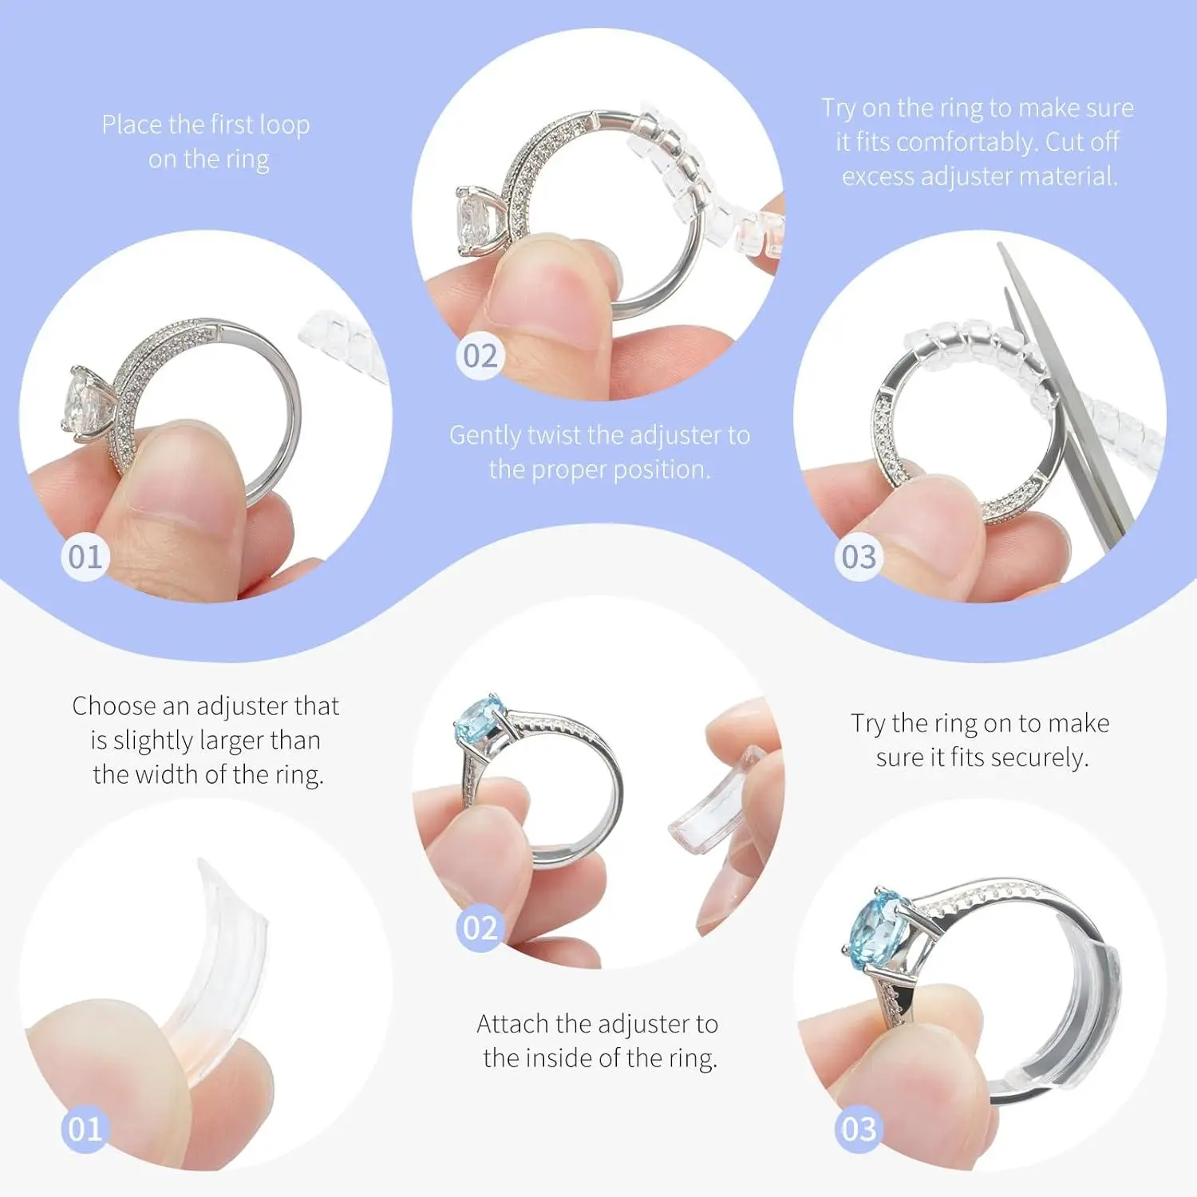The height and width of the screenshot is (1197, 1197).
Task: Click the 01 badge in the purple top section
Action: click(x=85, y=557)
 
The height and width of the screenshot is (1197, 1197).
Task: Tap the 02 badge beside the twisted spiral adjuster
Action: click(x=480, y=356)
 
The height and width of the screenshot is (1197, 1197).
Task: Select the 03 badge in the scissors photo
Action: click(x=859, y=557)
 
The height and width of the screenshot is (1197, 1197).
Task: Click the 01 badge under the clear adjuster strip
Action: click(x=85, y=1129)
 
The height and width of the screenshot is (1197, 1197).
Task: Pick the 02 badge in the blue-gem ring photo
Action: click(x=480, y=928)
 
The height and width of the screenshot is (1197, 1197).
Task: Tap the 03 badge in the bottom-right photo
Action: click(x=859, y=1129)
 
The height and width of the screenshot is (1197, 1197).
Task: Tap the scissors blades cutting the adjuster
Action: click(x=1065, y=399)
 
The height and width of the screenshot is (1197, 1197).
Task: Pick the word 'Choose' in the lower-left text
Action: click(x=113, y=706)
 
